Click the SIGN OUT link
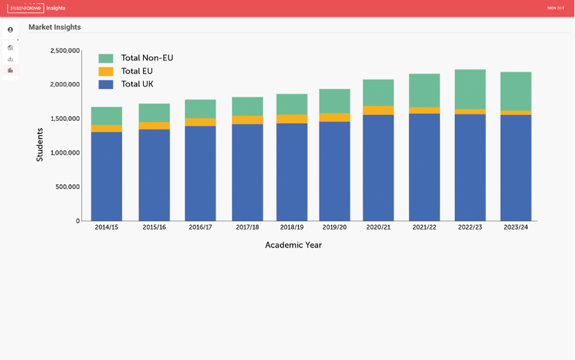[x=555, y=8]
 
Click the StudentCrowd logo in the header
[x=26, y=8]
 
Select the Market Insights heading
[x=54, y=27]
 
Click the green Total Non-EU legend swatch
[x=106, y=58]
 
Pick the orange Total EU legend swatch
[x=106, y=72]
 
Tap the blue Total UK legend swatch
[x=106, y=84]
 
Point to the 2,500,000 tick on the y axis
[x=65, y=51]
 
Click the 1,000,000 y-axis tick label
[x=65, y=153]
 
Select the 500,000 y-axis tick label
[x=68, y=187]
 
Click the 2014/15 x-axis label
[x=106, y=228]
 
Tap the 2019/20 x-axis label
[x=335, y=228]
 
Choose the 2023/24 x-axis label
[x=516, y=228]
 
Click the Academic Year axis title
[x=293, y=245]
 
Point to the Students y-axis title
[x=40, y=145]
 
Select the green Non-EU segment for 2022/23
[x=470, y=90]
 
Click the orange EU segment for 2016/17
[x=201, y=122]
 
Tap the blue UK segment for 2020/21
[x=378, y=168]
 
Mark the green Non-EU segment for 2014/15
[x=107, y=116]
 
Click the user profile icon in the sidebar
[x=10, y=30]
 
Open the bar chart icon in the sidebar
[x=10, y=70]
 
